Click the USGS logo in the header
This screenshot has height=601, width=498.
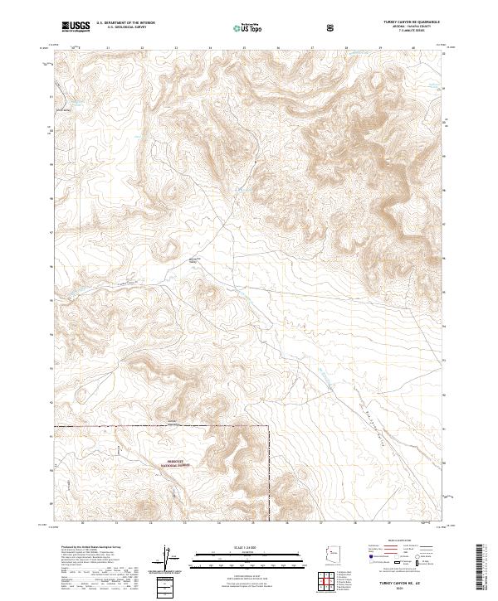76,27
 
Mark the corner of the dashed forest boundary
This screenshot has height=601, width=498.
270,427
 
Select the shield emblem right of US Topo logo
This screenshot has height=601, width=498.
331,27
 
